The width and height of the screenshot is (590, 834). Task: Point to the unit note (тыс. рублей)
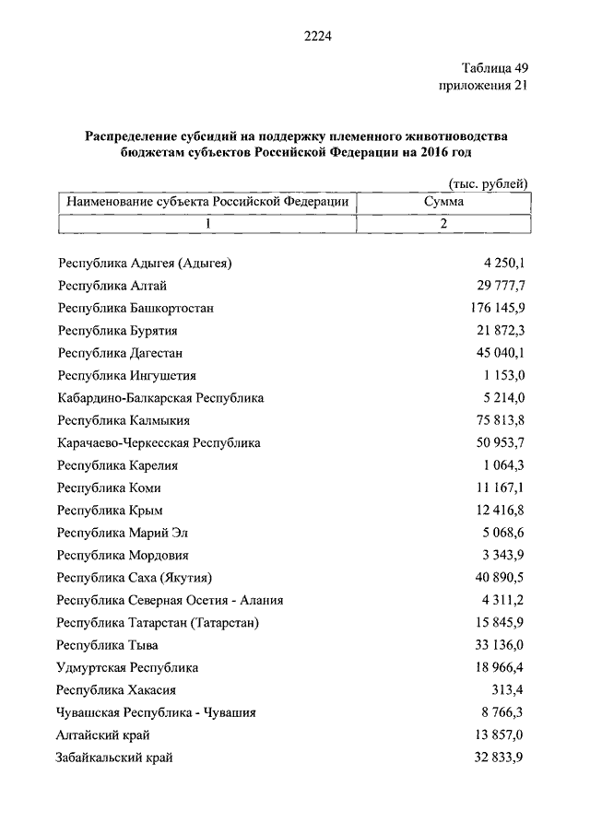489,184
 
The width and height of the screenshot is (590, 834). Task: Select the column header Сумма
443,202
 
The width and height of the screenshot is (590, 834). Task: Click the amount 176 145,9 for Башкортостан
497,309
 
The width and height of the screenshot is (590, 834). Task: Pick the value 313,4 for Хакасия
508,688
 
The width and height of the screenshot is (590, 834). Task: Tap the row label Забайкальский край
115,758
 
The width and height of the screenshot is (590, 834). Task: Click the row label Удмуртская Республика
127,667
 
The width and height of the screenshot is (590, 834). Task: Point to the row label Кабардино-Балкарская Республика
160,398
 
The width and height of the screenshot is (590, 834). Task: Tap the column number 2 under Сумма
443,224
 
